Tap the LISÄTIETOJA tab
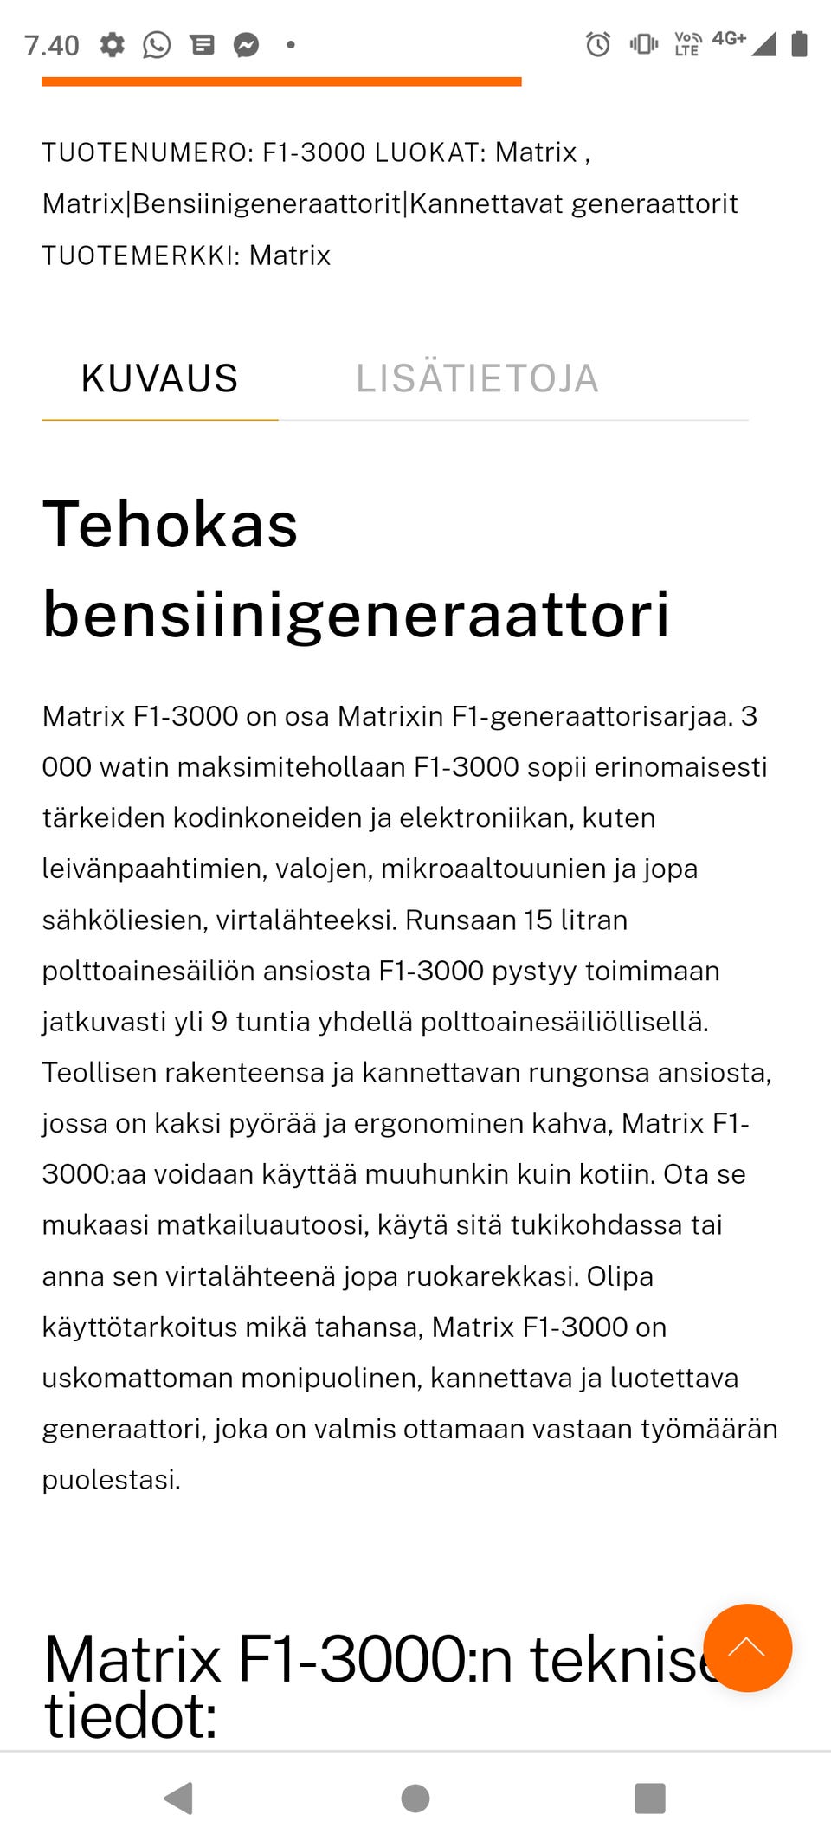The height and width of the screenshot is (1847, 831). click(477, 378)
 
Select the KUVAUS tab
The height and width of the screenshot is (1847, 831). click(159, 378)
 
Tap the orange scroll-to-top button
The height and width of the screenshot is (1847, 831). click(747, 1647)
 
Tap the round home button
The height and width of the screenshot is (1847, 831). click(415, 1799)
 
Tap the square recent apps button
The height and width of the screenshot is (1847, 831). click(650, 1799)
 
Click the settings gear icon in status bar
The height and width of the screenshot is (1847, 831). click(113, 44)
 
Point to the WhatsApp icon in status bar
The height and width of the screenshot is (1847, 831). click(157, 44)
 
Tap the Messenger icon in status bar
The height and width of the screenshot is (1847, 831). click(247, 44)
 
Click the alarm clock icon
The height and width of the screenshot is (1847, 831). click(598, 43)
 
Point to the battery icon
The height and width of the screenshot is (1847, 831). click(800, 43)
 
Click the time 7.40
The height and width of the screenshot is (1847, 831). click(52, 45)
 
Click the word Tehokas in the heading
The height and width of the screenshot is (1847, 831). click(171, 524)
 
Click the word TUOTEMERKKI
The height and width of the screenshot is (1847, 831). click(138, 255)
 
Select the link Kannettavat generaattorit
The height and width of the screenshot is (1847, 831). click(573, 203)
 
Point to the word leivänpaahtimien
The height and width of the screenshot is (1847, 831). click(153, 869)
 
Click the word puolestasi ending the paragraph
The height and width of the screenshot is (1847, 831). click(110, 1479)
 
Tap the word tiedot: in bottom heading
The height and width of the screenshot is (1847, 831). click(130, 1715)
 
